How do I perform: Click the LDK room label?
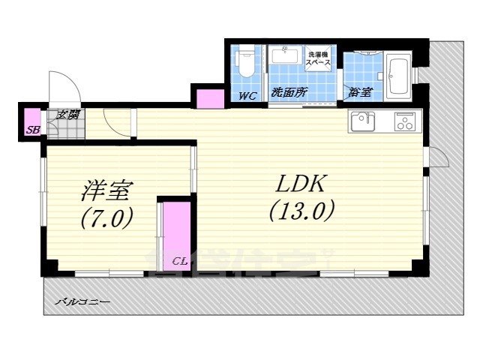(301, 185)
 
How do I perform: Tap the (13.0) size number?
(301, 212)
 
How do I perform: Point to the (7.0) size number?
(107, 218)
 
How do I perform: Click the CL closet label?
(178, 261)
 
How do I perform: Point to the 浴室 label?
(360, 92)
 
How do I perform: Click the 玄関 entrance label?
(69, 115)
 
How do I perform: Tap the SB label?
(32, 130)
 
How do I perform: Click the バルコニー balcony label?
(84, 301)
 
